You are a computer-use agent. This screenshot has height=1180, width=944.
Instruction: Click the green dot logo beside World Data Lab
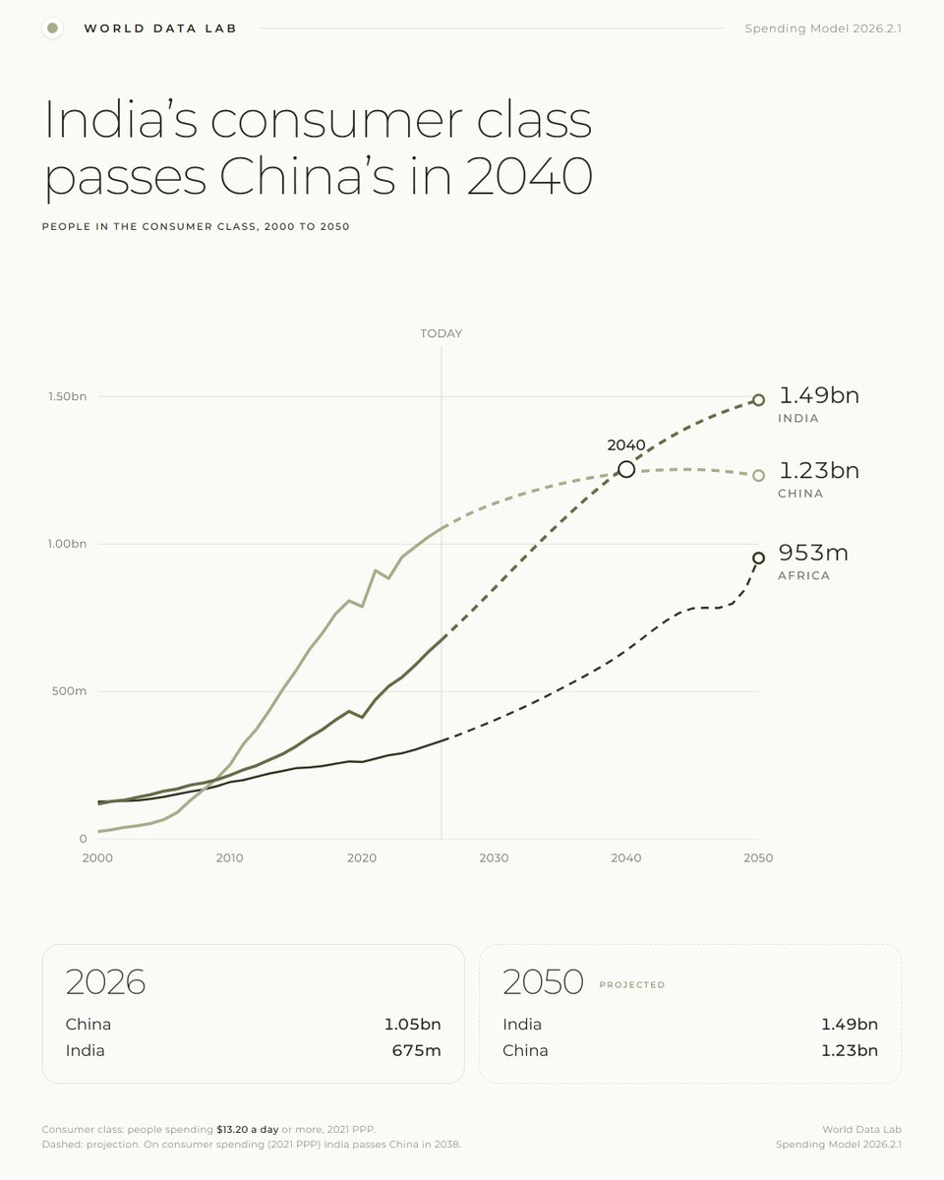tap(53, 28)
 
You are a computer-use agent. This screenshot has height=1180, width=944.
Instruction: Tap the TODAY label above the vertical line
tap(441, 333)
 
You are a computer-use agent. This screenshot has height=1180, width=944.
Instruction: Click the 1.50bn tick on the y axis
tap(67, 396)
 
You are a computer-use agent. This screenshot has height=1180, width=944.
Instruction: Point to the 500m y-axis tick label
tap(69, 691)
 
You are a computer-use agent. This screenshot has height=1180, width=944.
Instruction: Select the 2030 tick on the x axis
tap(494, 857)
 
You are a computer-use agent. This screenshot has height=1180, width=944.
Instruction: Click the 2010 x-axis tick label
tap(229, 857)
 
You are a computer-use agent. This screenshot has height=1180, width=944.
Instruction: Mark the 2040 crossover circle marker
tap(626, 469)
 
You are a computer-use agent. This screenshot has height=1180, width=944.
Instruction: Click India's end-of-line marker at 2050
tap(758, 400)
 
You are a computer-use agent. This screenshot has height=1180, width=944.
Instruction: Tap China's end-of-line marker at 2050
tap(758, 475)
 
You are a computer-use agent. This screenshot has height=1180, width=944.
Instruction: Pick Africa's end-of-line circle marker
tap(758, 558)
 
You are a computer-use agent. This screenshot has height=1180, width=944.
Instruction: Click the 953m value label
tap(813, 553)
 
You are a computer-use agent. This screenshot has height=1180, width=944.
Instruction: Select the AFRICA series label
tap(803, 576)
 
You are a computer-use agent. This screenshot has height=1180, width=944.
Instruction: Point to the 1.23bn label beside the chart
tap(818, 470)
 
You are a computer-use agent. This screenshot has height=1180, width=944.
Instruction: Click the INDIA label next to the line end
tap(798, 418)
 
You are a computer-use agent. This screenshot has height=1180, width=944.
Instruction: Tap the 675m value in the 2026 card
tap(416, 1050)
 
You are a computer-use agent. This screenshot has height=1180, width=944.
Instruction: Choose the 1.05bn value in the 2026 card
tap(412, 1025)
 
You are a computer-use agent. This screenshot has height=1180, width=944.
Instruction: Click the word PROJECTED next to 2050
tap(632, 984)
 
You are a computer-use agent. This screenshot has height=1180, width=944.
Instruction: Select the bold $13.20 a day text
tap(248, 1129)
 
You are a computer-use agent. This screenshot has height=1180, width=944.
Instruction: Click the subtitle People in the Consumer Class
tap(196, 226)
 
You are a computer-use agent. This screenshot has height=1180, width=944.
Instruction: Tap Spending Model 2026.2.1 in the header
tap(823, 29)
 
